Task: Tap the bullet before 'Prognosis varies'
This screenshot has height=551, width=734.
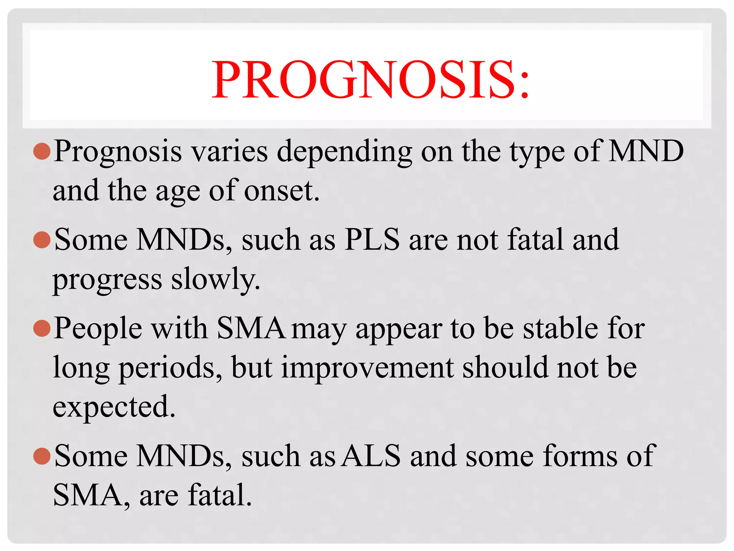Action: (42, 151)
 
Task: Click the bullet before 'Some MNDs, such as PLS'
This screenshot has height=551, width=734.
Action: (42, 240)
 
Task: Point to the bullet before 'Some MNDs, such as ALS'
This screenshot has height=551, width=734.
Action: (42, 456)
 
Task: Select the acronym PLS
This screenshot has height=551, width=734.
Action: (372, 240)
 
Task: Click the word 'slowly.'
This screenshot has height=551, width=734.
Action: (215, 279)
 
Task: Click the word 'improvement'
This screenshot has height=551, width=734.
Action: (368, 367)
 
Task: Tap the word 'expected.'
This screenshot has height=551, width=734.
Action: (114, 407)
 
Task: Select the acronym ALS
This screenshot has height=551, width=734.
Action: (371, 456)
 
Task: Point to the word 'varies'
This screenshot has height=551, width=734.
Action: (229, 151)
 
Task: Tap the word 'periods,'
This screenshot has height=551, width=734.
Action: (171, 368)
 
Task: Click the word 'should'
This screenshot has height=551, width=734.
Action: (505, 367)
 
